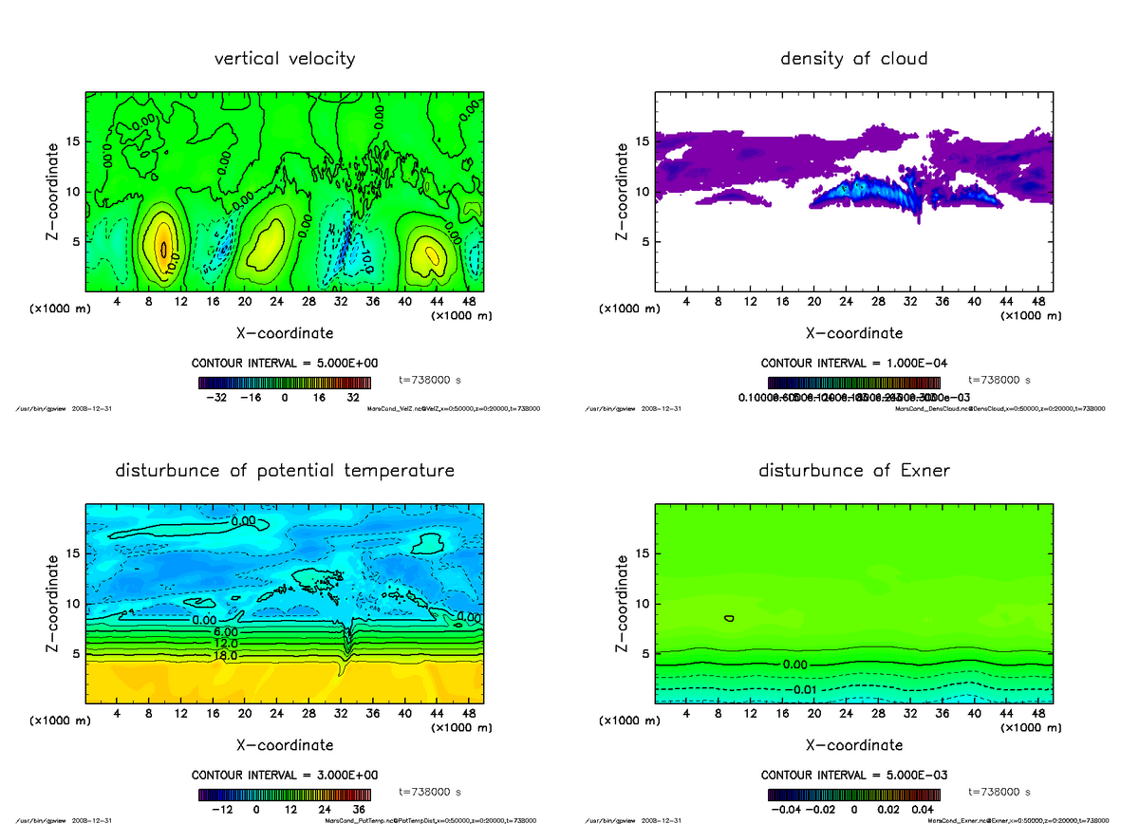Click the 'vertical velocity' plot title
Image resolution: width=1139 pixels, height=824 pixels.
(x=285, y=59)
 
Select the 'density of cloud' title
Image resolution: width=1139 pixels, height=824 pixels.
(x=853, y=59)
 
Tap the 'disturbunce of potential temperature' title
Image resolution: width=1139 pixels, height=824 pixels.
(x=285, y=471)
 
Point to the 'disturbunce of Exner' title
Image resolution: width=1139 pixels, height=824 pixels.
(x=853, y=471)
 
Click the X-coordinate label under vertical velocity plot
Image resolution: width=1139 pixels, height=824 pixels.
(x=285, y=333)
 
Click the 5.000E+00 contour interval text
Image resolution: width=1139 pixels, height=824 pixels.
(x=285, y=364)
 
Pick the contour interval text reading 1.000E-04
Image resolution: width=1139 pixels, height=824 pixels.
(x=853, y=364)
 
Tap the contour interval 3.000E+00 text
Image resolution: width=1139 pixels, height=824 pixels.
(x=285, y=775)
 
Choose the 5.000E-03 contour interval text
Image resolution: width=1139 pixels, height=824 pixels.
(x=853, y=775)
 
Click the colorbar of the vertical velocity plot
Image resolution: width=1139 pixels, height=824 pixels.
(x=285, y=383)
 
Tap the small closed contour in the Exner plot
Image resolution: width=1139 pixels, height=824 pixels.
(x=729, y=618)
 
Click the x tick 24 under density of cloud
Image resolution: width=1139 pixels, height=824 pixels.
(x=847, y=303)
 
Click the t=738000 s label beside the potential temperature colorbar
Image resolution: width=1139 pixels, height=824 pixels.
(x=430, y=791)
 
